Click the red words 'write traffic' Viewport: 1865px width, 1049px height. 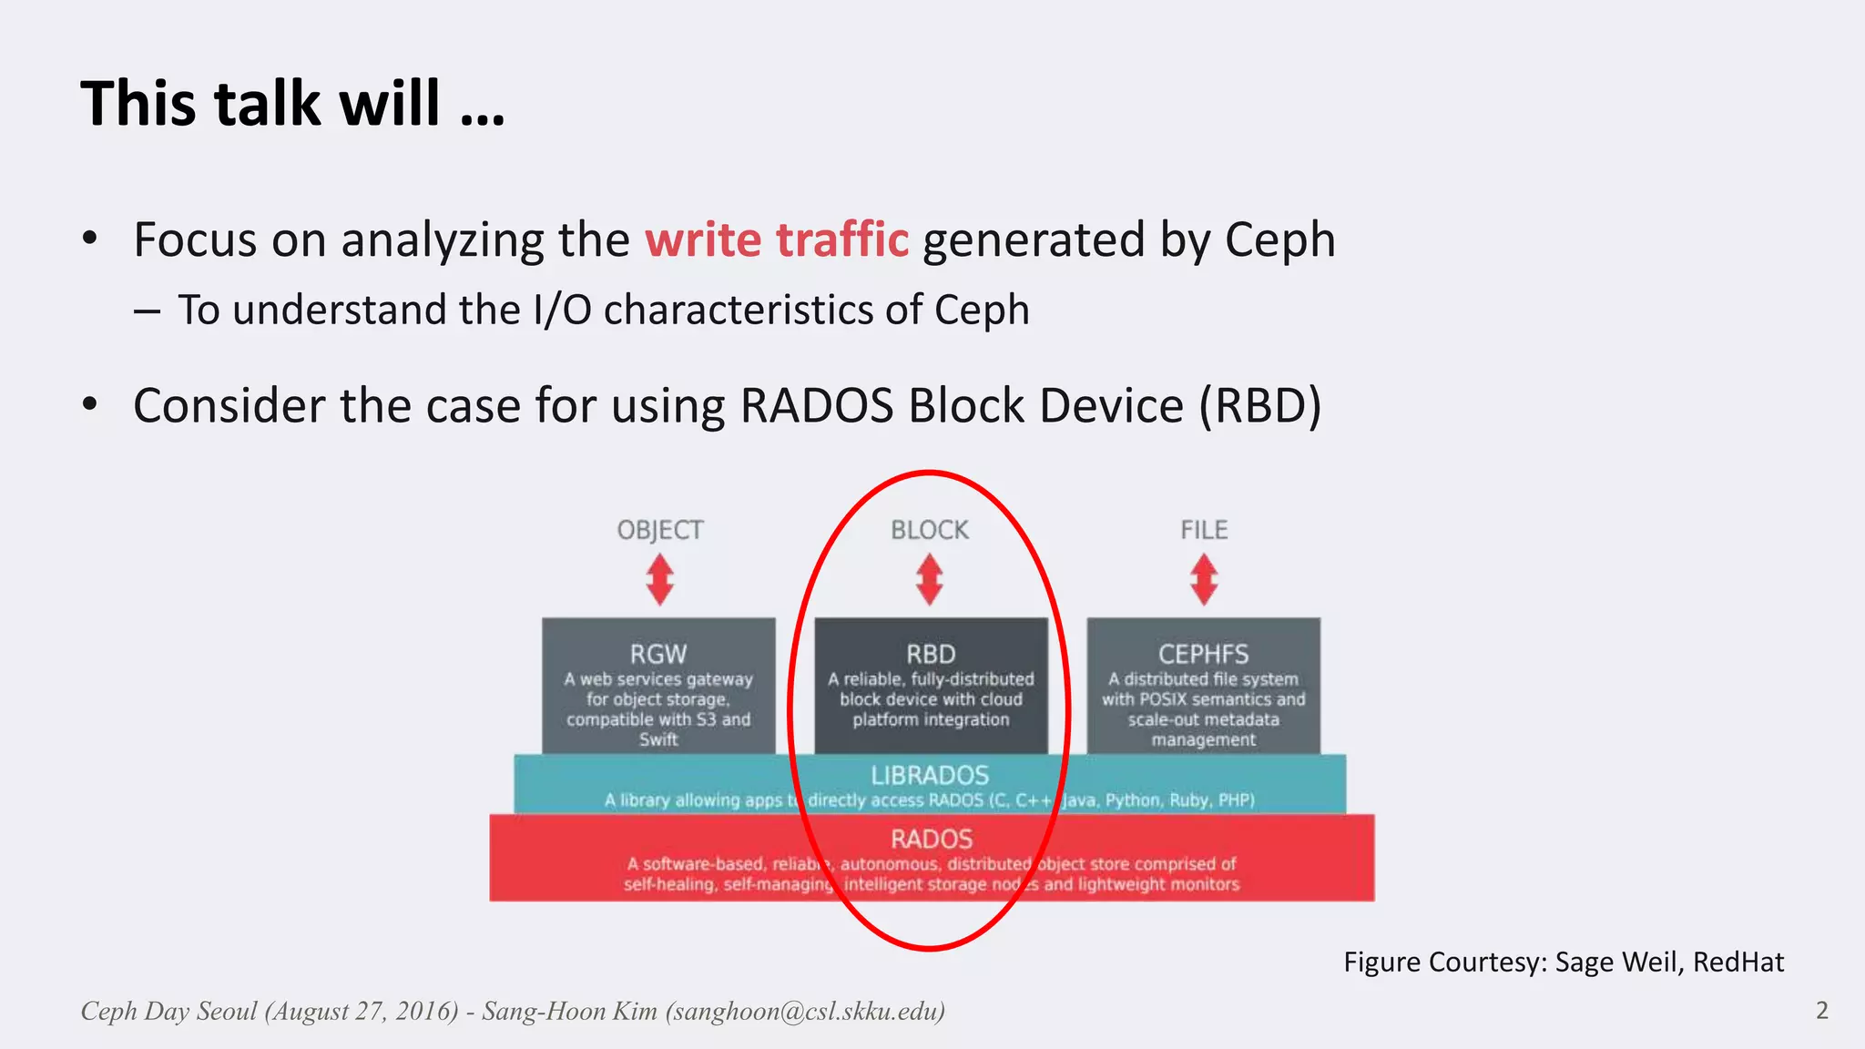click(777, 240)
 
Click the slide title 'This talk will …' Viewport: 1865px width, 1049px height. click(292, 103)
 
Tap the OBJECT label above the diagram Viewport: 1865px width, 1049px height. click(659, 530)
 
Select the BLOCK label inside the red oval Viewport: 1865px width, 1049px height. click(929, 530)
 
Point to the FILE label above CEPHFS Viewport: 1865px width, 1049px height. click(1204, 530)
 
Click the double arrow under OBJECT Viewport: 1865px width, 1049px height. click(659, 580)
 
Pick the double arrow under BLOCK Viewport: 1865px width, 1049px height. click(929, 580)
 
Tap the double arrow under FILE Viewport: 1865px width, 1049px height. click(1204, 580)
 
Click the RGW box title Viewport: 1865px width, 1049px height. click(657, 654)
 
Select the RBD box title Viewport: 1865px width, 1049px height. click(930, 654)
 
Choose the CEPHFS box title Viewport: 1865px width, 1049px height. click(1203, 654)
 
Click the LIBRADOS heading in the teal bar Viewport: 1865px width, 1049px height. click(929, 775)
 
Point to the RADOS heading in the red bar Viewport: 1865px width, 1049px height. click(931, 839)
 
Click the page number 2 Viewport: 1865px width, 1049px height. click(1821, 1011)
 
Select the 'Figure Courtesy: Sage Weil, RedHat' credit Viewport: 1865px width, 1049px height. click(1563, 962)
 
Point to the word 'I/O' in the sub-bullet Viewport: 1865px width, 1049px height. click(562, 311)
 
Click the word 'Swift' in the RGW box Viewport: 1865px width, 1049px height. click(657, 739)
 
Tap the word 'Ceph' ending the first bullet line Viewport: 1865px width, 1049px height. click(1279, 240)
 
